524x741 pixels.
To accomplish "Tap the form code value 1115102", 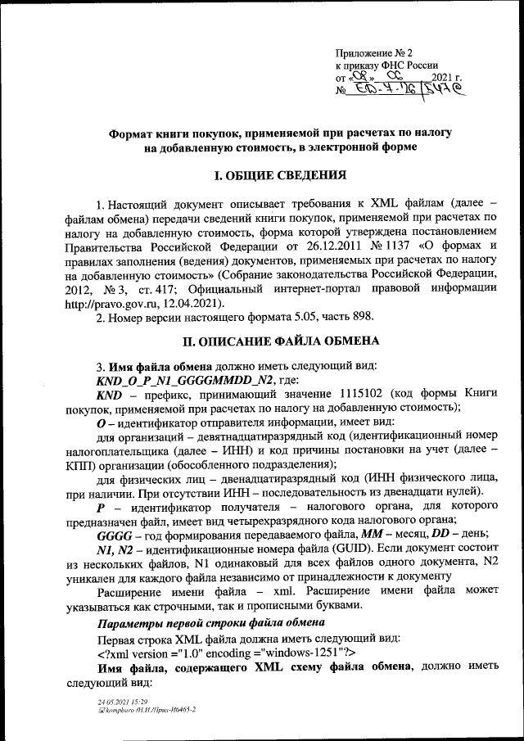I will pyautogui.click(x=365, y=393).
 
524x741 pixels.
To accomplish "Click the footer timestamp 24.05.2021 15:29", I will pyautogui.click(x=115, y=703).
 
